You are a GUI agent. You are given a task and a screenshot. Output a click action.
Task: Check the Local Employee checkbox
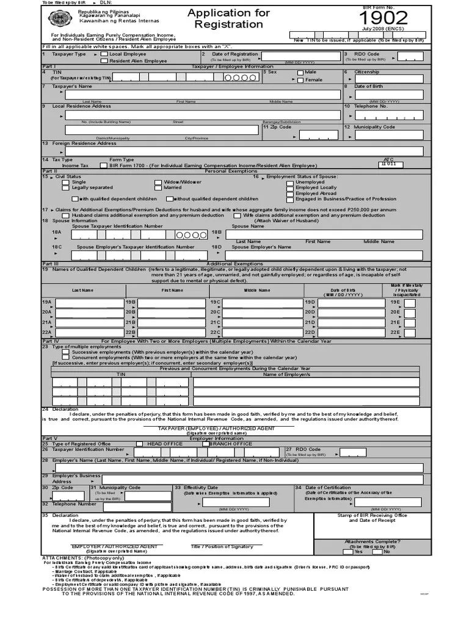click(104, 54)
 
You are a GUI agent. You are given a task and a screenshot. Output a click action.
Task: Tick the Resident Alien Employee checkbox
click(104, 61)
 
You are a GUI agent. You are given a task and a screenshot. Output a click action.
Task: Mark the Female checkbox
click(300, 80)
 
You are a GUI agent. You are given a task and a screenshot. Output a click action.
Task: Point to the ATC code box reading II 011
click(388, 164)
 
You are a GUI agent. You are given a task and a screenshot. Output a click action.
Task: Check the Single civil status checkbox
click(67, 182)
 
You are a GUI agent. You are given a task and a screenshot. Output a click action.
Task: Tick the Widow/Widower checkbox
click(158, 182)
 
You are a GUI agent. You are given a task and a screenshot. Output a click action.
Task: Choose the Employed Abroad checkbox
click(290, 193)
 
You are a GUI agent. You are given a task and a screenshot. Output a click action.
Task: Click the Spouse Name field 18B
click(324, 234)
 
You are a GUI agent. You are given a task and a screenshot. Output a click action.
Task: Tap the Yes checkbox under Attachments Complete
click(357, 552)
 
